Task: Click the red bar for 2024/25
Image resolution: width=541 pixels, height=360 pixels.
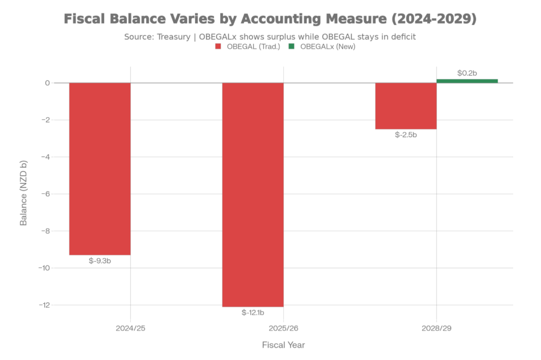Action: pos(100,169)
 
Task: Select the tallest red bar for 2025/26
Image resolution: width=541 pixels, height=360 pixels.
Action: pos(253,195)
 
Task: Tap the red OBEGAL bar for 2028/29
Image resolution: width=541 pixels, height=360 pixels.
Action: pos(406,106)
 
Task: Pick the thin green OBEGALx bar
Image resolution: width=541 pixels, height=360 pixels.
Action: pos(467,81)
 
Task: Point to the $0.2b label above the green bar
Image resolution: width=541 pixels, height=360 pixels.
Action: pos(467,73)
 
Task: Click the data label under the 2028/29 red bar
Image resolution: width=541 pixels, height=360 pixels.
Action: pos(406,135)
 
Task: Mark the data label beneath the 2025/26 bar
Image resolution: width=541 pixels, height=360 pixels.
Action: pos(253,312)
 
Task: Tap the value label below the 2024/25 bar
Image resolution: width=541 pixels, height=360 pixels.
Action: pos(100,261)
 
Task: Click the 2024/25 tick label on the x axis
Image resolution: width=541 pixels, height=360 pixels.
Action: pos(131,328)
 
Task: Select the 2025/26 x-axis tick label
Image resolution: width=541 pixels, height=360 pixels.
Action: pos(283,328)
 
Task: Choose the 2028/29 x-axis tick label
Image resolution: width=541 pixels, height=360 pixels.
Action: pos(436,328)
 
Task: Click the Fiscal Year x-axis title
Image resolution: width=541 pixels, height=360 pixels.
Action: pos(283,345)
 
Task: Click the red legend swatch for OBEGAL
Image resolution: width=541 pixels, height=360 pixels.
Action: pos(218,47)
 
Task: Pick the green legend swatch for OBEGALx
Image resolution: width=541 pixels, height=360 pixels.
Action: pos(292,47)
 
